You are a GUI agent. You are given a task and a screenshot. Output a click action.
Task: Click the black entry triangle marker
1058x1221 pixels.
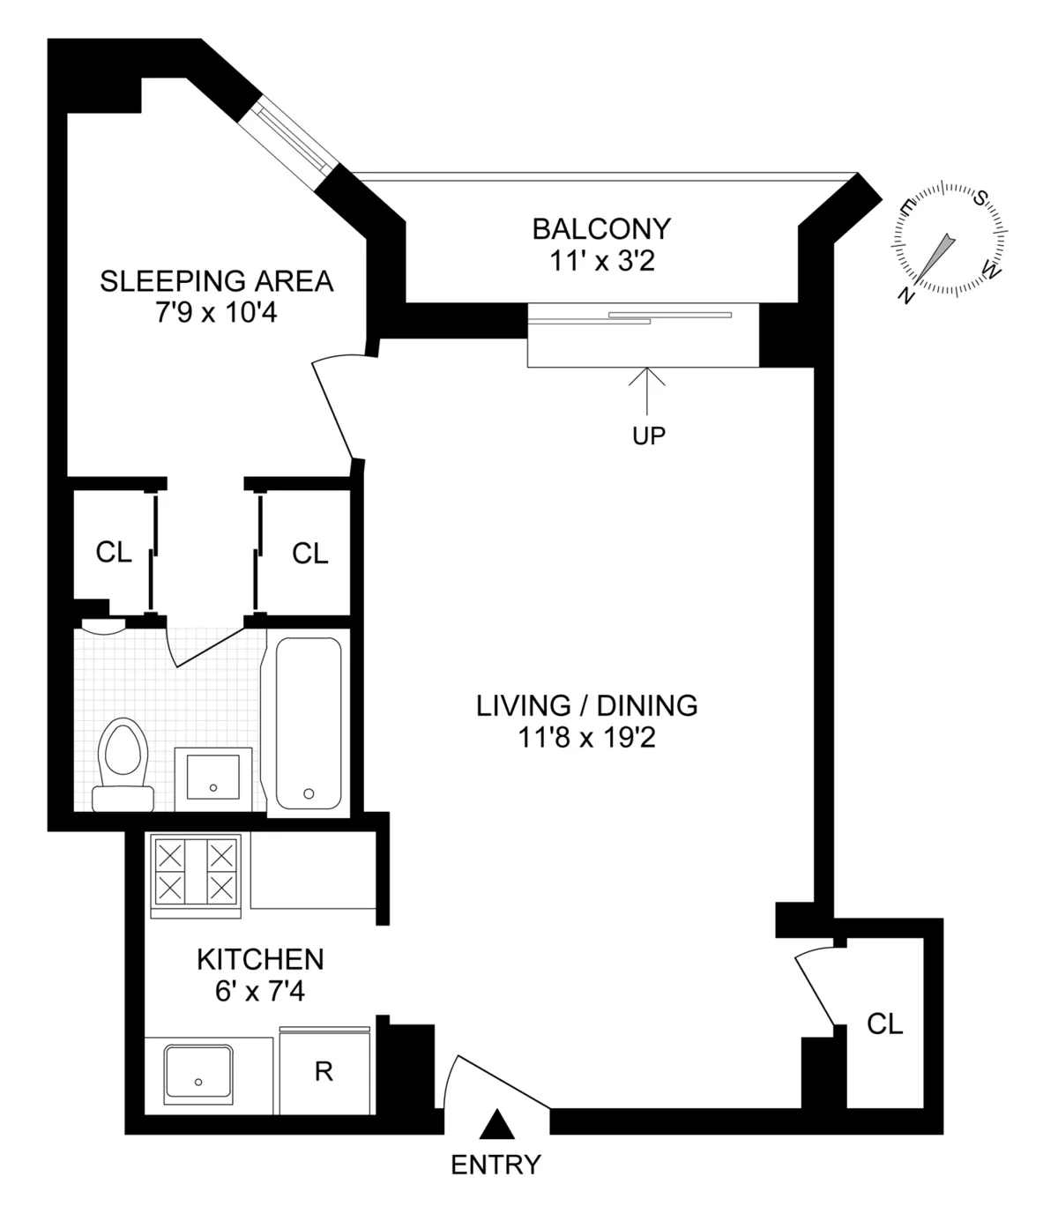pyautogui.click(x=496, y=1124)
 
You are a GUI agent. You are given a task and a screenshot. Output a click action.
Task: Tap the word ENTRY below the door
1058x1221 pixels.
pyautogui.click(x=495, y=1165)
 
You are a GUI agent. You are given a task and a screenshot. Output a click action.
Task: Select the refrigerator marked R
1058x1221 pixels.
pyautogui.click(x=324, y=1072)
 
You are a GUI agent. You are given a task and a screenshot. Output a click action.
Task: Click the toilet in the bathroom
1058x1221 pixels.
pyautogui.click(x=123, y=763)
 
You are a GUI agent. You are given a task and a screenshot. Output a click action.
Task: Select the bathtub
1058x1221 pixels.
pyautogui.click(x=309, y=723)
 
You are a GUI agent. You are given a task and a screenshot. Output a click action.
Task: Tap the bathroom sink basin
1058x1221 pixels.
pyautogui.click(x=213, y=778)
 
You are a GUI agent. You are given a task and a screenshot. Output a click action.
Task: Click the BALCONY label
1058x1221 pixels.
pyautogui.click(x=601, y=229)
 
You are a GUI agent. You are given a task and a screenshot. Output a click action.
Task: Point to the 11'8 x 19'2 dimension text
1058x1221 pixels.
pyautogui.click(x=586, y=738)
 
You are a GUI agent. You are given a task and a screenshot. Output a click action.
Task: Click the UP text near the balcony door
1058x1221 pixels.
pyautogui.click(x=649, y=436)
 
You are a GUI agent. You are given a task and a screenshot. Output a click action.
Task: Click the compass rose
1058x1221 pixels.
pyautogui.click(x=950, y=239)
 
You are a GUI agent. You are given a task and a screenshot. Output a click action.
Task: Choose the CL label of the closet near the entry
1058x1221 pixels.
pyautogui.click(x=884, y=1024)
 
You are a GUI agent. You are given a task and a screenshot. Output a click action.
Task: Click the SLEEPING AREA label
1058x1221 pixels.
pyautogui.click(x=216, y=281)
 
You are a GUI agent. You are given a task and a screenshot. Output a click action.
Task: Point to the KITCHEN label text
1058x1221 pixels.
pyautogui.click(x=260, y=959)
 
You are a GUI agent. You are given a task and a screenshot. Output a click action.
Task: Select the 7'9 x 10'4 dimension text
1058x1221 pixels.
pyautogui.click(x=216, y=313)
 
